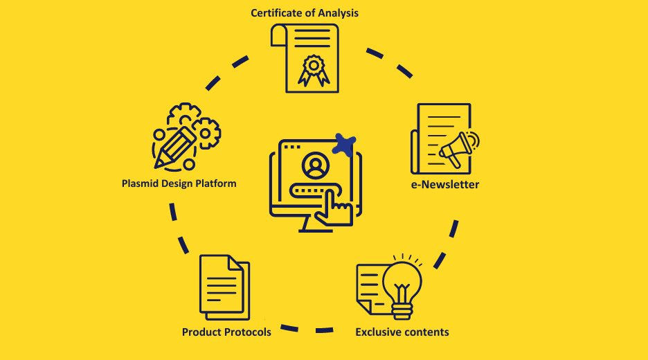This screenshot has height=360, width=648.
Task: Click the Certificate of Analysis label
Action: coord(305,12)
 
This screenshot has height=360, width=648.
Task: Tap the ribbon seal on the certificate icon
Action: coord(313,69)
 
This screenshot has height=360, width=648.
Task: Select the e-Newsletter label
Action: coord(444,184)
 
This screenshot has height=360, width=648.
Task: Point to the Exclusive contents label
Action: coord(402,332)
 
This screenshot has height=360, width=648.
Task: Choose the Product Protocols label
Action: coord(226,332)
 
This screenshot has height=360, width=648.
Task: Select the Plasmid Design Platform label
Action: coord(179,183)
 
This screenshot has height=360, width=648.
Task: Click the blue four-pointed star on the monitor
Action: coord(344,144)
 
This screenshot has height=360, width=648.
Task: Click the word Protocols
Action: coord(247,332)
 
